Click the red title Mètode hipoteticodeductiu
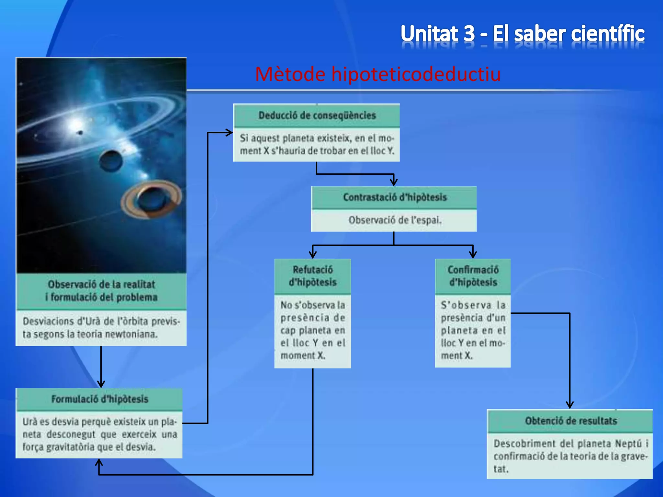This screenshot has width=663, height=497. (x=378, y=74)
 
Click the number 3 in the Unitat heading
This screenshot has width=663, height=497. (x=468, y=34)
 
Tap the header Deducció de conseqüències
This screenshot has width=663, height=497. (x=317, y=116)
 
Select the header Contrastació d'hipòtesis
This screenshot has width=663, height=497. (x=395, y=197)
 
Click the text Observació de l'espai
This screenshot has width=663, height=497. (x=395, y=220)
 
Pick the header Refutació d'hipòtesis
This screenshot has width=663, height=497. (x=313, y=276)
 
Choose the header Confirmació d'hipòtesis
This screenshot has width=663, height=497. (x=473, y=276)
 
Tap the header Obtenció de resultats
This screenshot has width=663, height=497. (x=571, y=421)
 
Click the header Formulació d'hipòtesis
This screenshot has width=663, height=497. (x=100, y=399)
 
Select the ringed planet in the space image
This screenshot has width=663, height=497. (x=152, y=199)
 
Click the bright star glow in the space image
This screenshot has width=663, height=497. (x=76, y=125)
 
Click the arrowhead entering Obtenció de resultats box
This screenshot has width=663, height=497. (x=570, y=405)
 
